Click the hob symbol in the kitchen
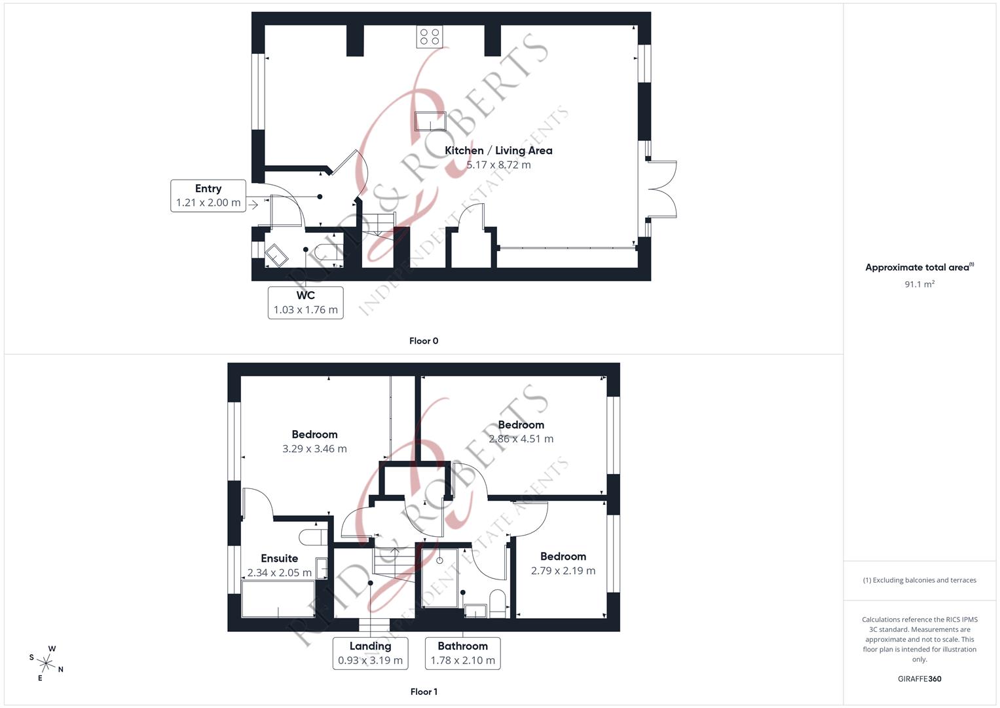pos(430,37)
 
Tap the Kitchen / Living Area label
pos(498,151)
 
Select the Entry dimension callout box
pos(208,195)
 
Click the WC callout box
pos(305,302)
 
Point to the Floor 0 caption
pos(424,341)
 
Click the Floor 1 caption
pos(424,692)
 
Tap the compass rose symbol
pos(46,663)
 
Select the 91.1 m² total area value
pos(919,285)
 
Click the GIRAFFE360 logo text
pos(919,679)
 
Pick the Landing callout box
pos(370,653)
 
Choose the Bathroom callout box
pos(462,653)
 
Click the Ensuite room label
pos(279,559)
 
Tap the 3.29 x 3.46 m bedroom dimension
pos(314,449)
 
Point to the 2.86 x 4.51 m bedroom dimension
pos(521,439)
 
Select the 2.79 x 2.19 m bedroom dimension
pos(563,571)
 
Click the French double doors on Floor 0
pos(661,189)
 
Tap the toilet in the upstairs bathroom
pos(497,603)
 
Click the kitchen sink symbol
pos(430,121)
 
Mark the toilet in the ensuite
pos(313,537)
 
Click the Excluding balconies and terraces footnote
pos(919,580)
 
